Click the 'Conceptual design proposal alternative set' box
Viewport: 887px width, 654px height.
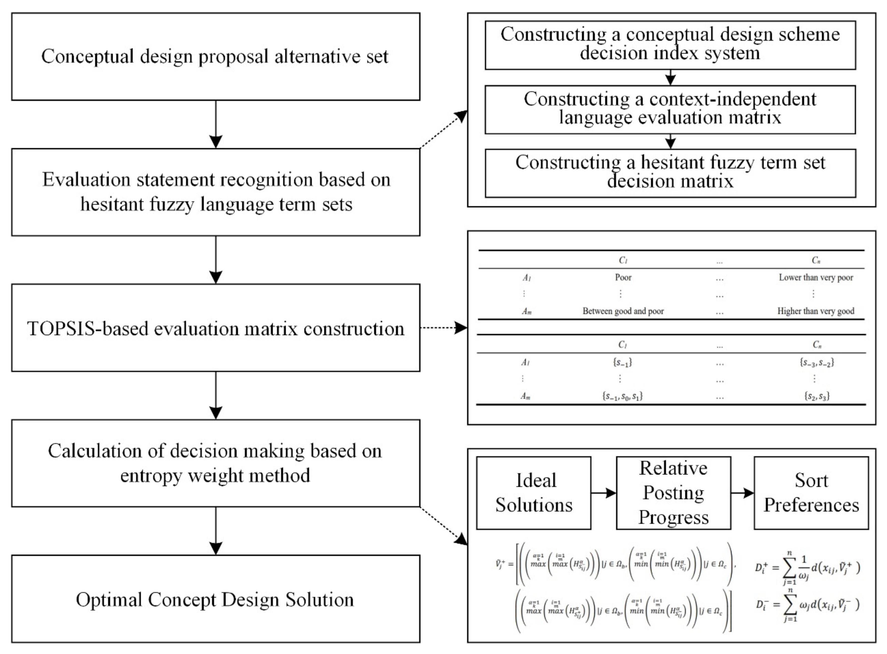(x=215, y=56)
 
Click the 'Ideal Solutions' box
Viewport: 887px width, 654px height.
(x=534, y=493)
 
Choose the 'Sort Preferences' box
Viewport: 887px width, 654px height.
(x=811, y=493)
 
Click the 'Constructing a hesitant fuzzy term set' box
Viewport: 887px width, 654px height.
(x=670, y=173)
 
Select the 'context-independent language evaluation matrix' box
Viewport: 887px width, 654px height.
(x=670, y=109)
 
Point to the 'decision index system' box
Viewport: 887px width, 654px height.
(x=670, y=45)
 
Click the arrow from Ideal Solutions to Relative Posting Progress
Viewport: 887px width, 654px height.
(x=603, y=493)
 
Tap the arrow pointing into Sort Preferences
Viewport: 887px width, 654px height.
(x=742, y=493)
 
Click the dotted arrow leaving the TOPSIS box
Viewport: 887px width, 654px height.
(x=444, y=328)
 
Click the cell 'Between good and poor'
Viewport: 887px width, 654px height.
(x=623, y=311)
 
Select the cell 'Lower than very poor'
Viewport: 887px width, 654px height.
(x=816, y=277)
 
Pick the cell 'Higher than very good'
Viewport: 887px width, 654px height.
(x=815, y=311)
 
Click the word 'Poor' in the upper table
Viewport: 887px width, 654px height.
(x=623, y=277)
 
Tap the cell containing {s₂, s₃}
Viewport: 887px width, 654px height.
(x=817, y=396)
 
